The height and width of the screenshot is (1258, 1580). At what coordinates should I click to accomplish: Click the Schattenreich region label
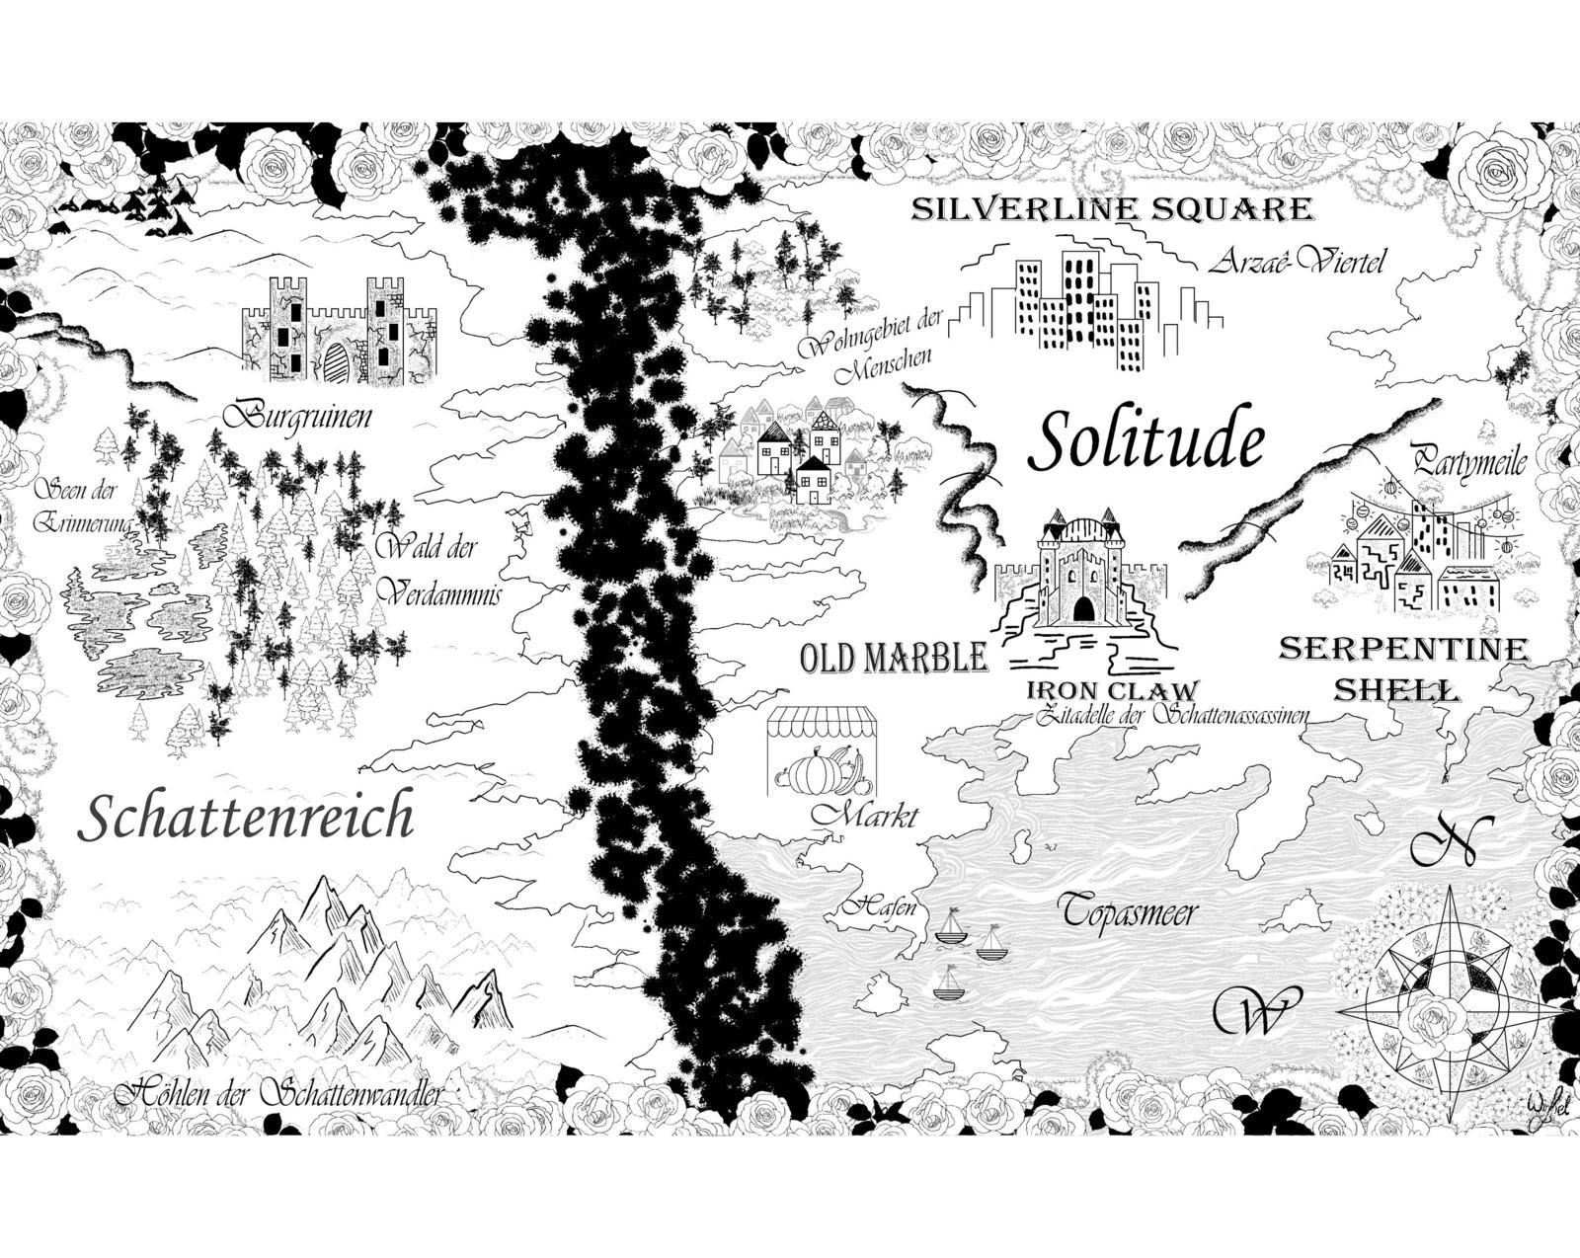[245, 818]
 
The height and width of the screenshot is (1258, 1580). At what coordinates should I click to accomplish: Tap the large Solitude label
[1145, 441]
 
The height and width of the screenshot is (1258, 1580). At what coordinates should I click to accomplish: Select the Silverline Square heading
[1111, 209]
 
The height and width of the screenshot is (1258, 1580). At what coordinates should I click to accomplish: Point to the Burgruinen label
[296, 416]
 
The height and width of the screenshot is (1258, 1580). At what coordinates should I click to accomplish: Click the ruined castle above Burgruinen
[339, 329]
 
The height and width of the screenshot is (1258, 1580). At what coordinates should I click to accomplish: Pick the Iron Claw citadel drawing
[1082, 583]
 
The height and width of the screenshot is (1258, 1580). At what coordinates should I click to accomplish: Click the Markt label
[865, 816]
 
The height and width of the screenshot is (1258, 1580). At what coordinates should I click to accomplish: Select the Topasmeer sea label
[1128, 910]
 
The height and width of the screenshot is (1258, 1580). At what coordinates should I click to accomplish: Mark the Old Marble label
[893, 657]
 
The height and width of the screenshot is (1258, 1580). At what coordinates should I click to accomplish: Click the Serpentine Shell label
[1402, 668]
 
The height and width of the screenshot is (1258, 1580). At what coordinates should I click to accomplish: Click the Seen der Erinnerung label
[77, 507]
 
